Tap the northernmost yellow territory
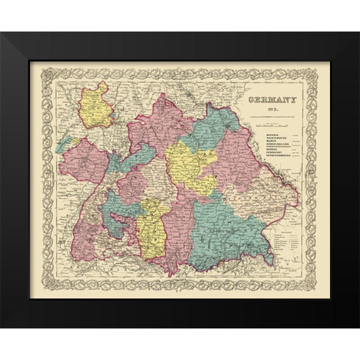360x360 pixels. tap(97, 106)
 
